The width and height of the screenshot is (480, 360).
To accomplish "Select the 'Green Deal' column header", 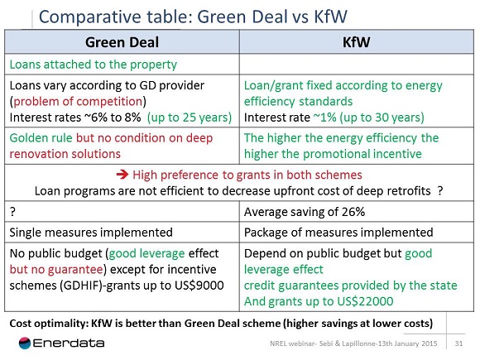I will tap(123, 42).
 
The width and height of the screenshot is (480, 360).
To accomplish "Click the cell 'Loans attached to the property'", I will tap(94, 64).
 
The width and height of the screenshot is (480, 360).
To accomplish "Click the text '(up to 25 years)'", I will tap(189, 117).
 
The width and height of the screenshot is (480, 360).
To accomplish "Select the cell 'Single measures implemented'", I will tap(91, 232).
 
